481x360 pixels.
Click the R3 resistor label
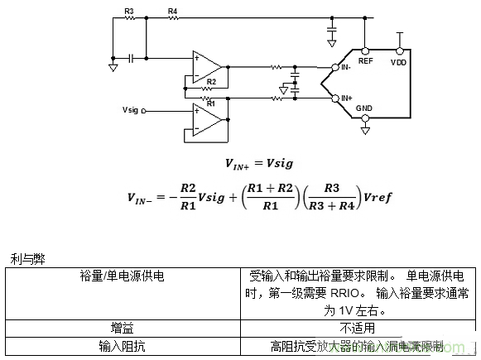pos(129,11)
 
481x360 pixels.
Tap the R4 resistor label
pos(172,11)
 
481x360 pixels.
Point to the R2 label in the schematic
pos(211,82)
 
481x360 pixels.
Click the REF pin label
pos(365,60)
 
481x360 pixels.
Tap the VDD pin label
pos(399,60)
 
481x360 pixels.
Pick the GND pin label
pos(364,108)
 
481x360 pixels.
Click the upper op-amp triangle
pos(205,63)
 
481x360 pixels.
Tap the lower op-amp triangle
pos(205,119)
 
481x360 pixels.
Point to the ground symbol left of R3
pos(113,66)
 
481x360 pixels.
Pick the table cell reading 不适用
pos(358,328)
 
